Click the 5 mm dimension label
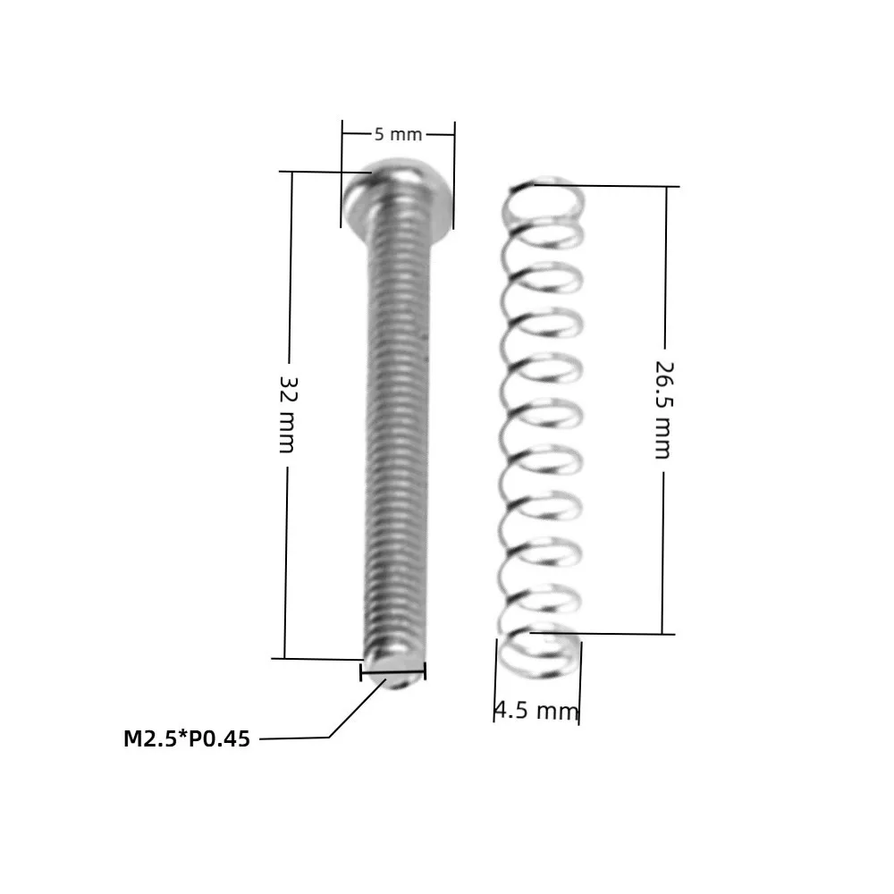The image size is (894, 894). pos(398,135)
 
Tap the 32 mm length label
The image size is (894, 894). pos(287,414)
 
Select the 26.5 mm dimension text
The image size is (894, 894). pos(663,410)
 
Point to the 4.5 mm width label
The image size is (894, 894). pos(536,711)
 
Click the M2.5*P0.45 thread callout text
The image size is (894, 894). pos(187,739)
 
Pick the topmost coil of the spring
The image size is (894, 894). pos(545,197)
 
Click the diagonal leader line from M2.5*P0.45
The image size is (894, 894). pos(358,708)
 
